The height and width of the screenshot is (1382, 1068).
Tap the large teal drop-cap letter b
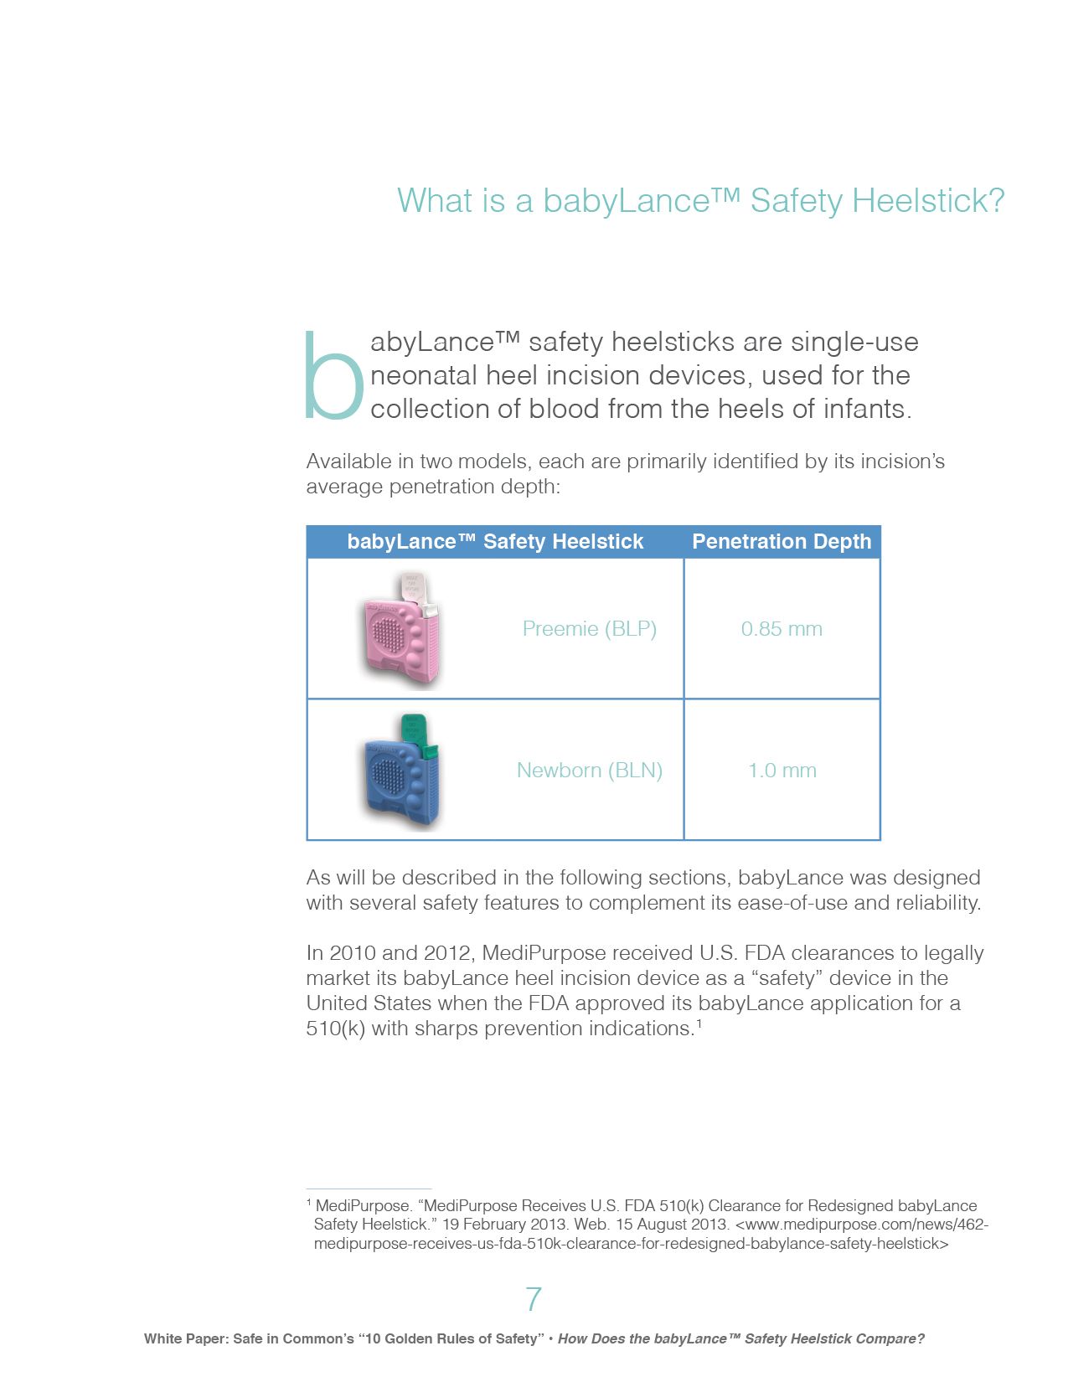coord(333,377)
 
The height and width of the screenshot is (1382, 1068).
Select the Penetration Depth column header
coord(781,542)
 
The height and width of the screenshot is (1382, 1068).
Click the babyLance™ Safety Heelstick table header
coord(495,542)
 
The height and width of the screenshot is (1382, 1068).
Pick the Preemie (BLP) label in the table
coord(589,629)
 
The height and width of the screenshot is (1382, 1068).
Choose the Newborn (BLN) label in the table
coord(589,771)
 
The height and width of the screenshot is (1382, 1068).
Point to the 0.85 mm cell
coord(781,629)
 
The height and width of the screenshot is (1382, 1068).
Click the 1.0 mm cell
coord(782,771)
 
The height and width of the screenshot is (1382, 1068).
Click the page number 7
coord(534,1299)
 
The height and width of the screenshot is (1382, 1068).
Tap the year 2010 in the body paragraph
coord(352,953)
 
